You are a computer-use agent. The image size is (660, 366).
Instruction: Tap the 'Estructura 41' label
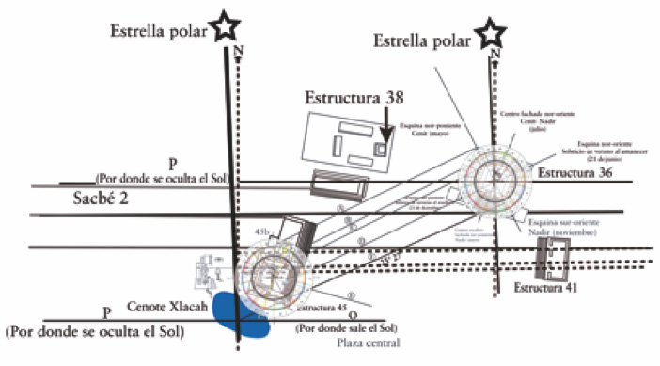click(551, 286)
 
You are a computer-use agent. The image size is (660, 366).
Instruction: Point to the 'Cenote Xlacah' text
click(167, 293)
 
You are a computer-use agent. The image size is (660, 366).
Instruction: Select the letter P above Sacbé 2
click(172, 162)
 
